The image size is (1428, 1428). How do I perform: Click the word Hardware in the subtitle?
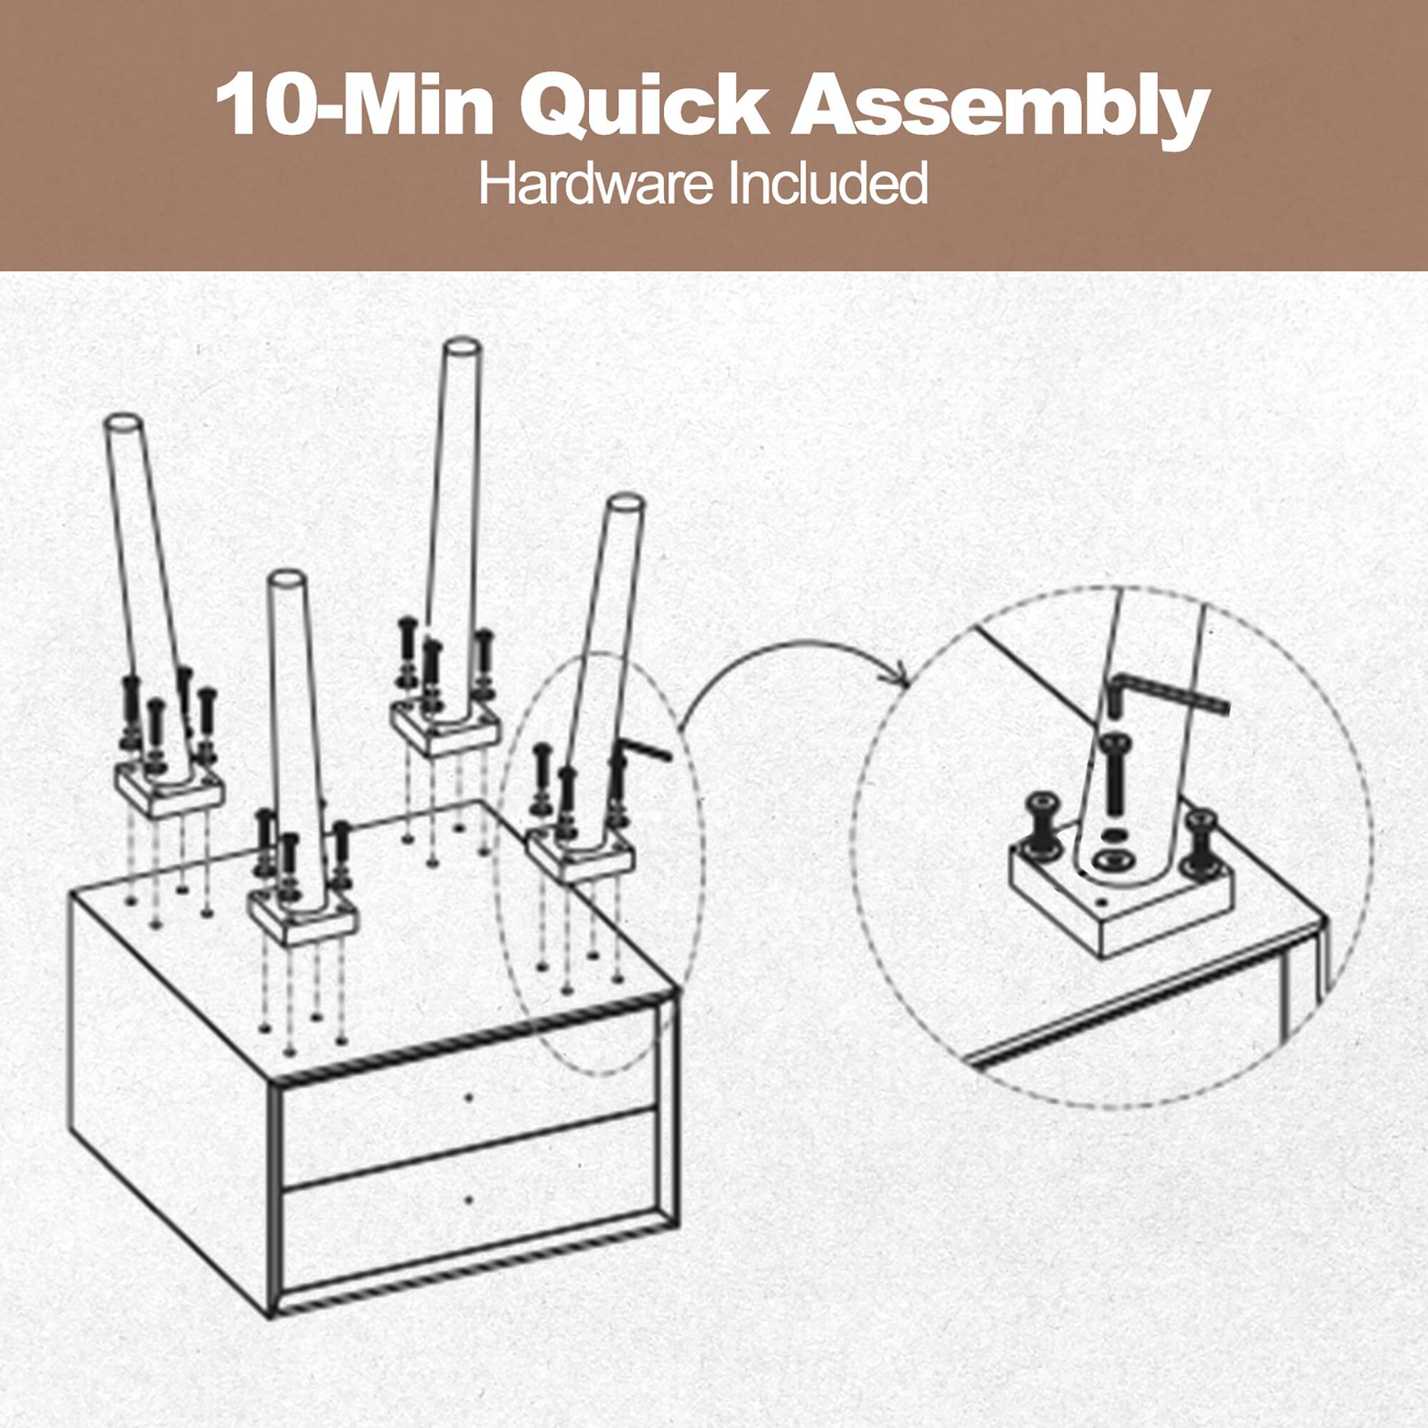(x=595, y=185)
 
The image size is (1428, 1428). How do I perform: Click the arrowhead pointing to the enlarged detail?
(x=901, y=675)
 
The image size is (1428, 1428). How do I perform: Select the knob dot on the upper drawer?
(x=468, y=1097)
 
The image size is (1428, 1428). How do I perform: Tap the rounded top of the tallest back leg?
(x=462, y=348)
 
